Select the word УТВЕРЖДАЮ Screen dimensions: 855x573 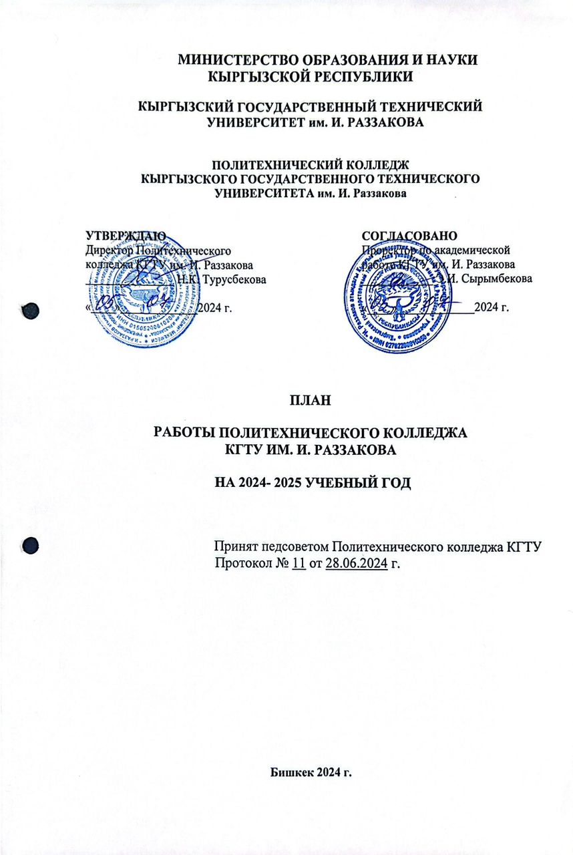[126, 236]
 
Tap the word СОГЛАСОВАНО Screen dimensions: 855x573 [409, 236]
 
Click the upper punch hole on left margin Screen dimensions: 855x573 [30, 311]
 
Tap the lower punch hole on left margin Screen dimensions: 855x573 [30, 545]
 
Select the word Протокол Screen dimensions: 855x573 [243, 563]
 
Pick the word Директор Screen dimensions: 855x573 [110, 250]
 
